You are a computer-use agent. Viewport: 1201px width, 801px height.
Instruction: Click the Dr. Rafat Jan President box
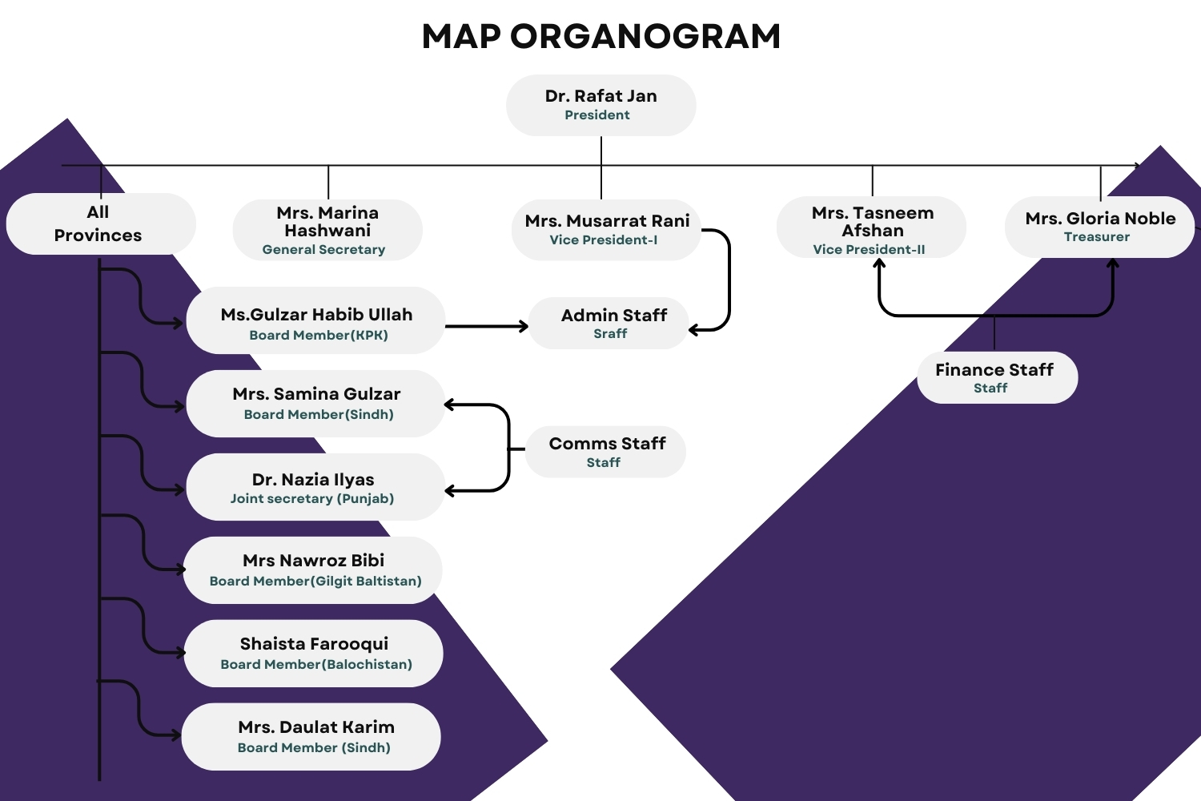[601, 105]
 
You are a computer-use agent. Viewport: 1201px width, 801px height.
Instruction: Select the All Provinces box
[101, 223]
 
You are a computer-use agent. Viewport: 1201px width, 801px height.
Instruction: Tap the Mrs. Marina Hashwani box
[327, 230]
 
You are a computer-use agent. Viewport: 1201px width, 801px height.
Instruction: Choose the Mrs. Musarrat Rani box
[606, 230]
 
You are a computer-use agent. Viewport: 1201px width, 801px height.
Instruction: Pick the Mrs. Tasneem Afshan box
[871, 227]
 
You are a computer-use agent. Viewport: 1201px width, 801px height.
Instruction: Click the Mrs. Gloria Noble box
[1099, 227]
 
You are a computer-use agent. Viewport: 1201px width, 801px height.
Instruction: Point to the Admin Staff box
[609, 323]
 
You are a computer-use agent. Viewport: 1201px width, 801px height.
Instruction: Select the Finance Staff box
[998, 377]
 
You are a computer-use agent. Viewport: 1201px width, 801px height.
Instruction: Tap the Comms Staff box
[605, 452]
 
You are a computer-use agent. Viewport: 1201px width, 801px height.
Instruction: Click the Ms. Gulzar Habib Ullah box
[315, 320]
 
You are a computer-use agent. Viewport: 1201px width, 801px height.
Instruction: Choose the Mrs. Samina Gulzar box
[315, 404]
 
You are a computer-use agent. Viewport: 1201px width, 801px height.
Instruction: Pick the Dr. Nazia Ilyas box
[315, 487]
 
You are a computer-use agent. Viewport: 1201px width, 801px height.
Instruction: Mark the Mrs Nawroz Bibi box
[313, 570]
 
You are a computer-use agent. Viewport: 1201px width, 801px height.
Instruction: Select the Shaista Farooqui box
[314, 654]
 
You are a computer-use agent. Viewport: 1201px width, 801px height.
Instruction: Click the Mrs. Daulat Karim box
[311, 737]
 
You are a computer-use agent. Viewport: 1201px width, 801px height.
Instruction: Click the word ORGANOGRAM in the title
[645, 37]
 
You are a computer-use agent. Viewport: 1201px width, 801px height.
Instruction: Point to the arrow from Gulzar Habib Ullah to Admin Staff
[487, 326]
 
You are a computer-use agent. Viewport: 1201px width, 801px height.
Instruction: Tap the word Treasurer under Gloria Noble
[1096, 236]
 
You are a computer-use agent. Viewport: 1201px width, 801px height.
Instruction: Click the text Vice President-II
[869, 249]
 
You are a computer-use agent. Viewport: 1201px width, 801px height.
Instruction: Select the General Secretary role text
[323, 250]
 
